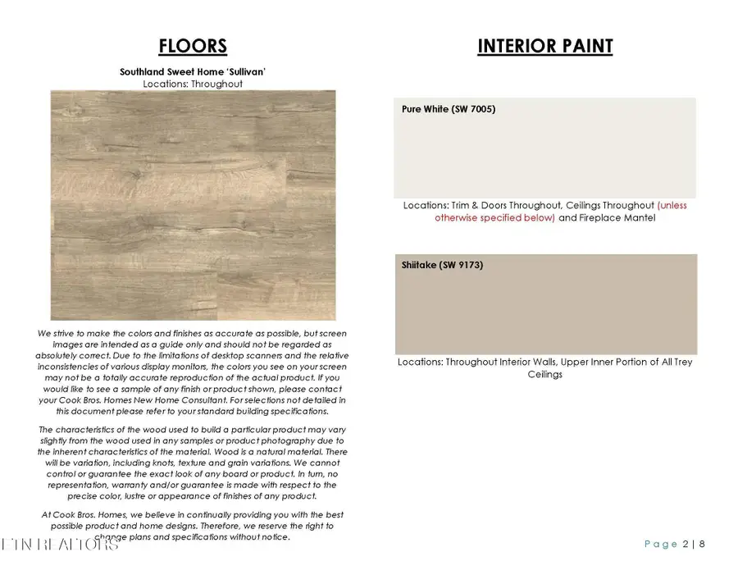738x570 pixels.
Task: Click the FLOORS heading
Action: pos(193,46)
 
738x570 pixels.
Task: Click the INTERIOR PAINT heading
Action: pos(544,46)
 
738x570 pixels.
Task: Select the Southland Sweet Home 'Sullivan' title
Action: pos(193,72)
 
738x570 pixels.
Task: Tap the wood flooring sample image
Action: pos(193,204)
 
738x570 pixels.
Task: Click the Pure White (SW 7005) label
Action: pos(449,109)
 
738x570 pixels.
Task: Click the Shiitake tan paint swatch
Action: pos(545,312)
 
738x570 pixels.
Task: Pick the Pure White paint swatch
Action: pos(545,156)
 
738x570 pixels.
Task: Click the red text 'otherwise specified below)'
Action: pos(494,218)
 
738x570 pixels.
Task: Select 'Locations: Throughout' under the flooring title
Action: pos(193,84)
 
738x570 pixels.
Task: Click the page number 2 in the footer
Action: pos(686,544)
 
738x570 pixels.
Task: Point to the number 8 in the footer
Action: pos(702,544)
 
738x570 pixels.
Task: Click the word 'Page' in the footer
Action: pos(661,544)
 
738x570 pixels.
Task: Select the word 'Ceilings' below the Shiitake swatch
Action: pos(545,374)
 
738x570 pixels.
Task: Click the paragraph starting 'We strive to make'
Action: pos(193,372)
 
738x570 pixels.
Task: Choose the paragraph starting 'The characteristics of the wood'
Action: pos(193,463)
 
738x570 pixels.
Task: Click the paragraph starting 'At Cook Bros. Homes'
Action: pos(193,525)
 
